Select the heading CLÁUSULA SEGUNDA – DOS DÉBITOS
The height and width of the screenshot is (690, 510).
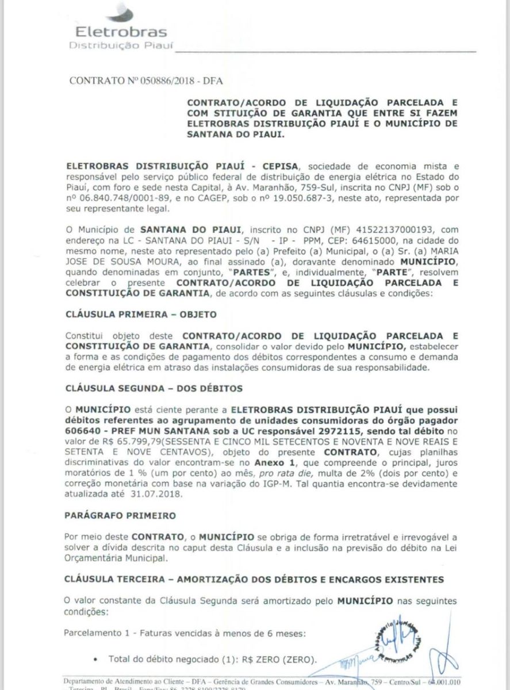coord(154,388)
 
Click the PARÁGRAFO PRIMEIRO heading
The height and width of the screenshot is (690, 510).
coord(120,516)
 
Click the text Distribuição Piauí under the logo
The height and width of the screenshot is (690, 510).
coord(120,45)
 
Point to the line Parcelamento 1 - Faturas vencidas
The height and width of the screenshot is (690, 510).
coord(187,634)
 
